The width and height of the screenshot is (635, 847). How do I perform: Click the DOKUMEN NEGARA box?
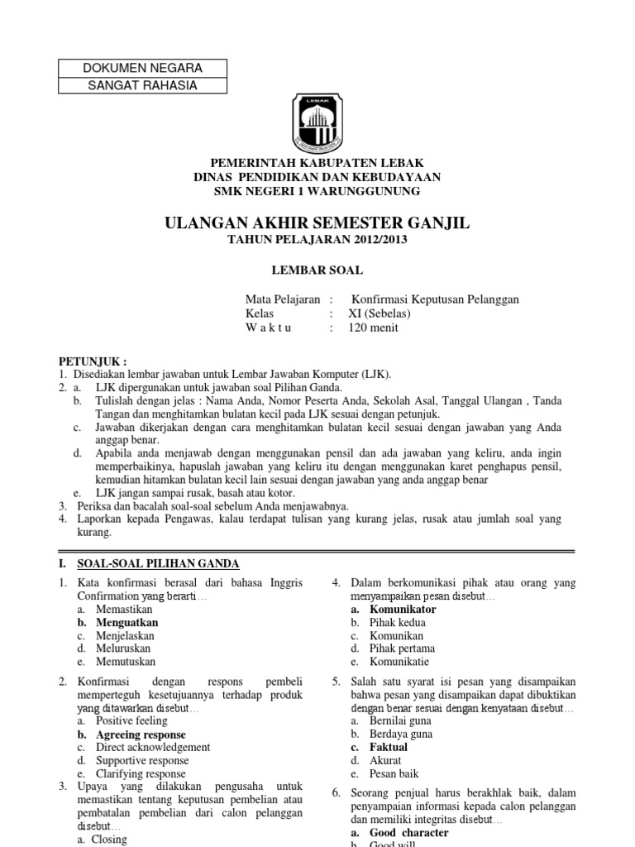point(143,68)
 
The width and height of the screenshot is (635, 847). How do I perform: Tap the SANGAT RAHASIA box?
point(143,84)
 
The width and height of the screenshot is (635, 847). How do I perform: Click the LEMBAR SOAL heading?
point(317,270)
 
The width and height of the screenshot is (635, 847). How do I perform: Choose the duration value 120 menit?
point(373,328)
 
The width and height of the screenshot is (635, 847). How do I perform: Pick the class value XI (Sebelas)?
point(379,313)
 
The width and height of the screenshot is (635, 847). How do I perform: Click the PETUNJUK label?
point(93,361)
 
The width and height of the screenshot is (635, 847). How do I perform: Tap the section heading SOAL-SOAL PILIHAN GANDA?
point(158,564)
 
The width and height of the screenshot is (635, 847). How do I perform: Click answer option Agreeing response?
point(141,735)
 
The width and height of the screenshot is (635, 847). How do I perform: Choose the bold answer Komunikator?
point(403,609)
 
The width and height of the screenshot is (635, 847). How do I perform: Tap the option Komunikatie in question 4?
point(400,662)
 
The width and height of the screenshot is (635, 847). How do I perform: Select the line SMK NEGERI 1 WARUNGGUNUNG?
point(317,191)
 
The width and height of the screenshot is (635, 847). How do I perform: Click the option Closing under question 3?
point(111,840)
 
